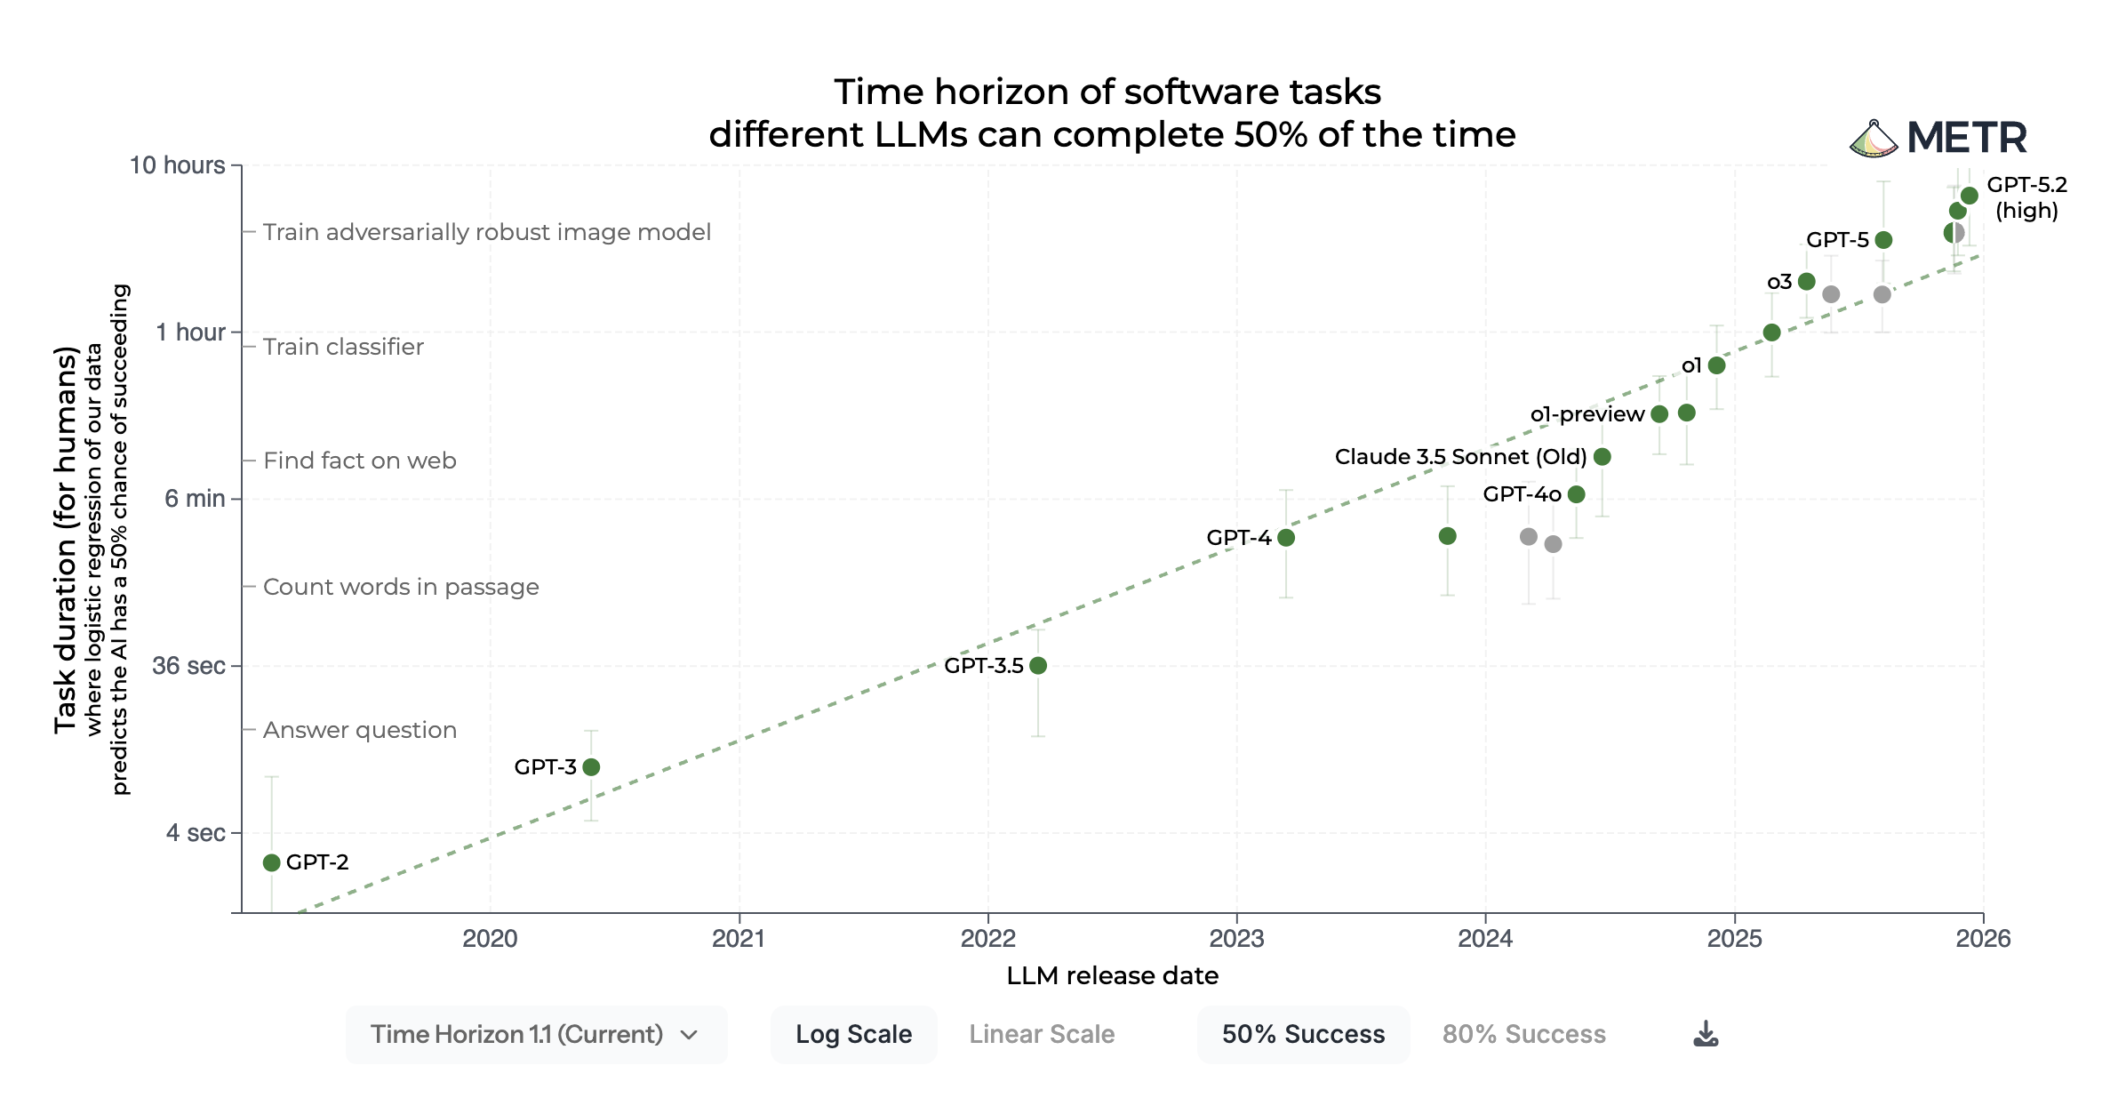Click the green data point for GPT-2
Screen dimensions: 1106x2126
pos(272,862)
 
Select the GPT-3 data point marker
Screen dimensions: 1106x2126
pos(591,766)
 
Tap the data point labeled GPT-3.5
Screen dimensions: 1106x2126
pos(1038,665)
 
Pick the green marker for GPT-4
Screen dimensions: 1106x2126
pos(1286,537)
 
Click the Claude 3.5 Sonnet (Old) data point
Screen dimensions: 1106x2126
pos(1602,456)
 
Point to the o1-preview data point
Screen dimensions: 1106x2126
pos(1659,413)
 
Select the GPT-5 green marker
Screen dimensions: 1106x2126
pos(1883,240)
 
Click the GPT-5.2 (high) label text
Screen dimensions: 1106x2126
pos(2026,197)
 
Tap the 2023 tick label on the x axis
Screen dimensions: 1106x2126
pos(1236,939)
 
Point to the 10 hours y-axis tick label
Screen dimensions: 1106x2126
pos(177,165)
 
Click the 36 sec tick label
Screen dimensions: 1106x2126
pos(188,666)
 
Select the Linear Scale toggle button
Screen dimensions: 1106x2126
pos(1042,1034)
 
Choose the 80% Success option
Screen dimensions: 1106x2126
pos(1523,1034)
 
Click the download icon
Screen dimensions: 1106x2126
pos(1706,1033)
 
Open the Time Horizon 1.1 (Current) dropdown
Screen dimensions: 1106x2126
pos(536,1034)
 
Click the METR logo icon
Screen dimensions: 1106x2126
pos(1873,140)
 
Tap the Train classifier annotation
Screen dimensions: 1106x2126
pos(343,347)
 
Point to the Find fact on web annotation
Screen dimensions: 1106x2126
pos(359,461)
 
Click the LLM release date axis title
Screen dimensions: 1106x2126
pos(1112,976)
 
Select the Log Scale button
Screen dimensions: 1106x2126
pos(853,1034)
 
